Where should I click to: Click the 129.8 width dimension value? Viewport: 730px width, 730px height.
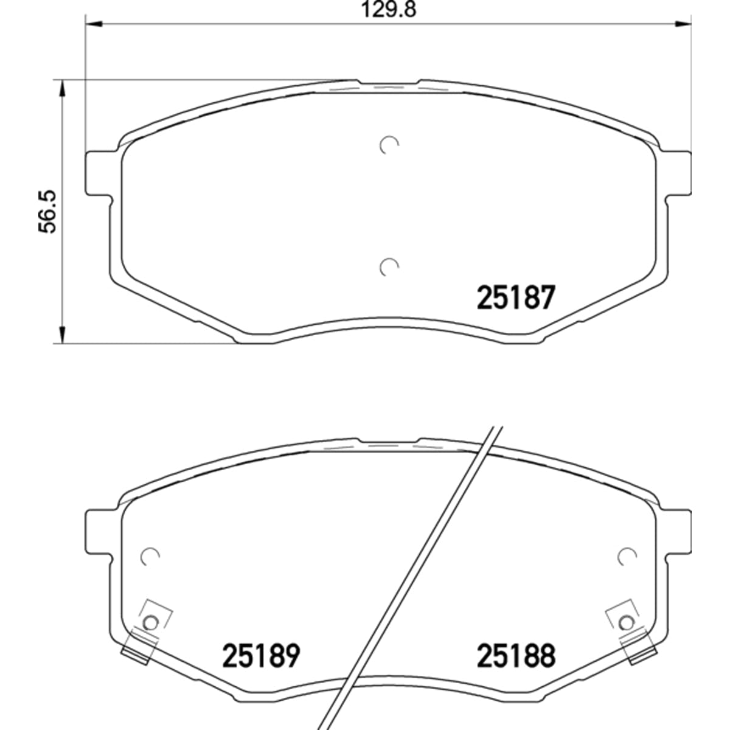point(389,10)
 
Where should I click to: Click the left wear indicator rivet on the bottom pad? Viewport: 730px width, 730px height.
point(151,623)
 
